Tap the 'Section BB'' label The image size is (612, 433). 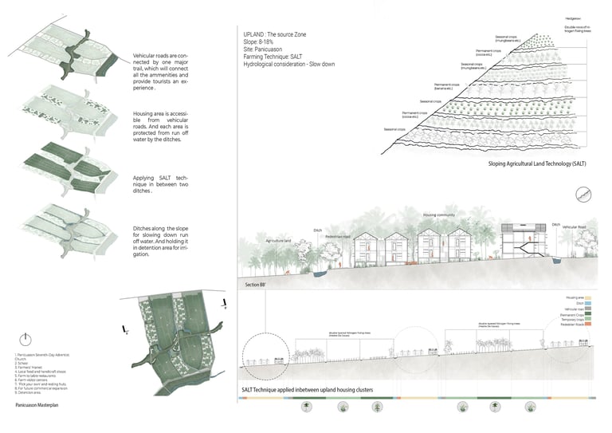258,284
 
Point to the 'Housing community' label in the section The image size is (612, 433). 439,215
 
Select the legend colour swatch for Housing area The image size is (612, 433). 595,295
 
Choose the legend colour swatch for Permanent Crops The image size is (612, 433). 595,314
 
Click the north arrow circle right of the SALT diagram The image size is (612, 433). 587,194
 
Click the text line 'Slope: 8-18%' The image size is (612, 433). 261,44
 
